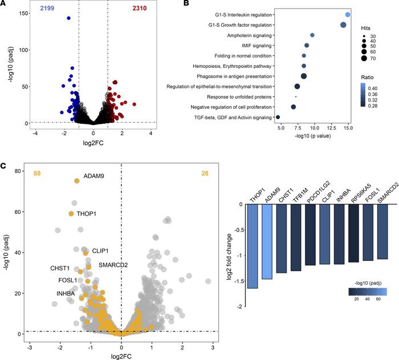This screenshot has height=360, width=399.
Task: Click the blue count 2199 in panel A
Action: tap(48, 10)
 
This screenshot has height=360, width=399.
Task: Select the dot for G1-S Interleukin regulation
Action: tap(348, 14)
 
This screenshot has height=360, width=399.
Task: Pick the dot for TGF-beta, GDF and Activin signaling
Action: tap(278, 117)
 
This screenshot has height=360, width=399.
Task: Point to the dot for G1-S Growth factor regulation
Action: tap(343, 25)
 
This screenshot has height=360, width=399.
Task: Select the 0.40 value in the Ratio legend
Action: tap(383, 90)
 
